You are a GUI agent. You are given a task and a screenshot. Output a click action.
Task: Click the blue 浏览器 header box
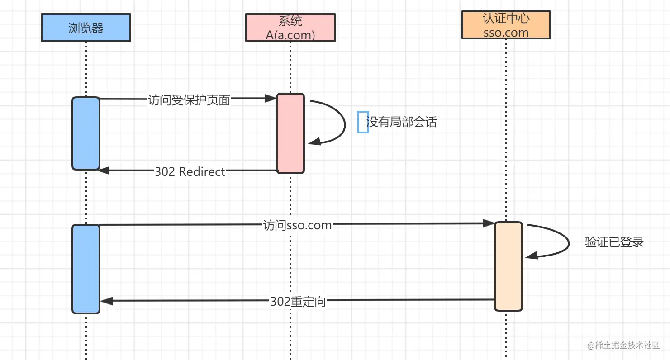pos(86,28)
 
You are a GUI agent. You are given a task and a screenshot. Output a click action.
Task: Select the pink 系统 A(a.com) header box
pos(290,28)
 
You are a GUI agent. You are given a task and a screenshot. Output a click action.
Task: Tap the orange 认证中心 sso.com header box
pos(506,25)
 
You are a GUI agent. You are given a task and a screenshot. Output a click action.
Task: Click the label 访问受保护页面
pos(189,100)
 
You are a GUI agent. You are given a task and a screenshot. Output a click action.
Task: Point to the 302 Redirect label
pos(190,171)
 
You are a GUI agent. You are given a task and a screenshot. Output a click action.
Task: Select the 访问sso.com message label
pos(297,225)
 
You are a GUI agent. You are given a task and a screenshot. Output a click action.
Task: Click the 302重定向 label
pos(298,302)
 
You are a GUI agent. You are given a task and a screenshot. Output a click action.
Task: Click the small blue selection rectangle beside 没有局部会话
pos(363,122)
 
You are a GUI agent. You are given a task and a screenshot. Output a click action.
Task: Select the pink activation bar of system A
pos(290,133)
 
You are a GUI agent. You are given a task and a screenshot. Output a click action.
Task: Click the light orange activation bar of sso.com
pos(508,266)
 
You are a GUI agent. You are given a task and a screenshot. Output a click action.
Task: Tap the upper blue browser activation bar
pos(86,133)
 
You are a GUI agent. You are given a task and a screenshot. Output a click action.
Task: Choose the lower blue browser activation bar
pos(86,269)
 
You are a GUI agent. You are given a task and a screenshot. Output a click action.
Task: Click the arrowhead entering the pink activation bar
pos(271,98)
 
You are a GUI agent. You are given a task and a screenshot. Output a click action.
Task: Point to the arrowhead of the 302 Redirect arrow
pos(104,171)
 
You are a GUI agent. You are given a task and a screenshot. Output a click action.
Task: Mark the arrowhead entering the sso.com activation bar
pos(489,223)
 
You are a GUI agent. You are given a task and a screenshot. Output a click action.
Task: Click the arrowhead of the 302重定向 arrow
pos(106,301)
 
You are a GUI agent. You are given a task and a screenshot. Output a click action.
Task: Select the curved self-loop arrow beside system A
pos(345,123)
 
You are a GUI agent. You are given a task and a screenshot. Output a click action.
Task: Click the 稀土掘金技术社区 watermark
pos(624,346)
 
